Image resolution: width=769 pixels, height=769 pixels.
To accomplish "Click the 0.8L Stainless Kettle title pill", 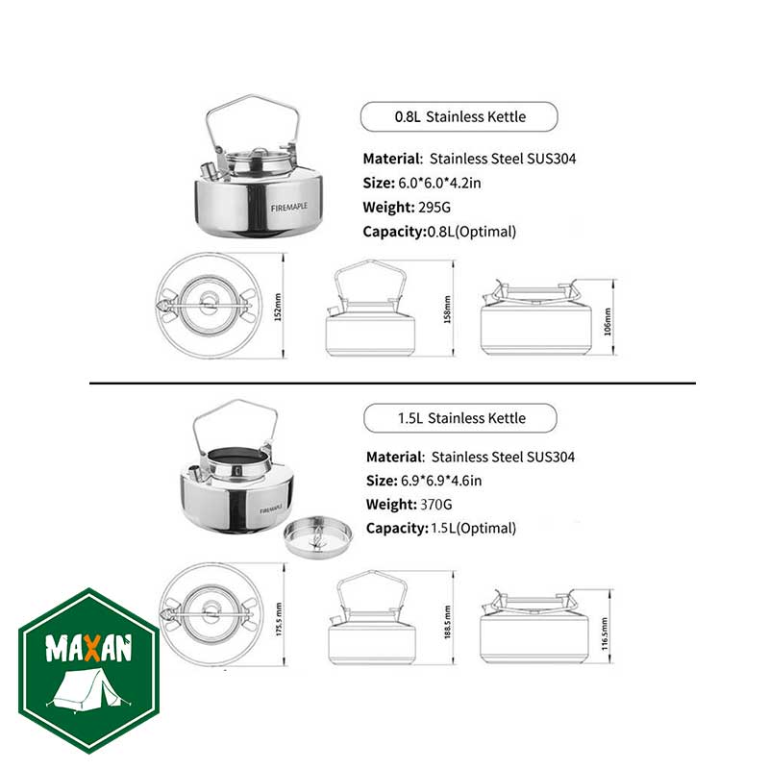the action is point(459,116).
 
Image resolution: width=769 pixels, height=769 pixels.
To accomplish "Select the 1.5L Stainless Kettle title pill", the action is point(460,418).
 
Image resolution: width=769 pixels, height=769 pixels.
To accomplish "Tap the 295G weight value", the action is point(434,208).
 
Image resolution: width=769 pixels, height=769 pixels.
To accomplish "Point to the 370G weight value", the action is point(436,505).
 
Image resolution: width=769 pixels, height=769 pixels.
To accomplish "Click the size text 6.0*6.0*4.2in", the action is point(439,183).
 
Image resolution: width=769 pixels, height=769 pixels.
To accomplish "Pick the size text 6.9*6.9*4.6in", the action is point(441,481).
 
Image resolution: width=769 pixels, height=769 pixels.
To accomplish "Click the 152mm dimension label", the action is point(278,307).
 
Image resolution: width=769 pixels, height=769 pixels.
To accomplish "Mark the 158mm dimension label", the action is point(447,309).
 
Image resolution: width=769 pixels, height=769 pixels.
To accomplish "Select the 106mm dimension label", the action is point(608,321).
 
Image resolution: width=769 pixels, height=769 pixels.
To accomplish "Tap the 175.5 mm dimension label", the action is point(279,619).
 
